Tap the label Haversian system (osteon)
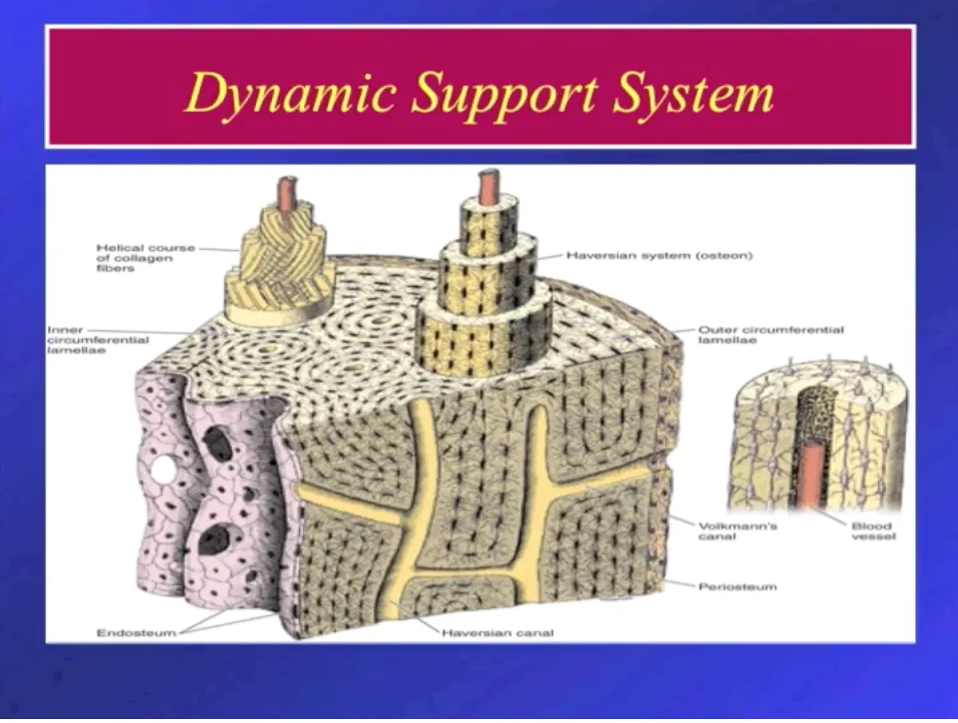pos(660,256)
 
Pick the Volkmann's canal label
pos(727,531)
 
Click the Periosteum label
pos(737,586)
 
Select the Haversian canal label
pos(497,633)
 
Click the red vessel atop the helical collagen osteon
pos(285,193)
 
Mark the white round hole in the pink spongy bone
pos(164,470)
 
